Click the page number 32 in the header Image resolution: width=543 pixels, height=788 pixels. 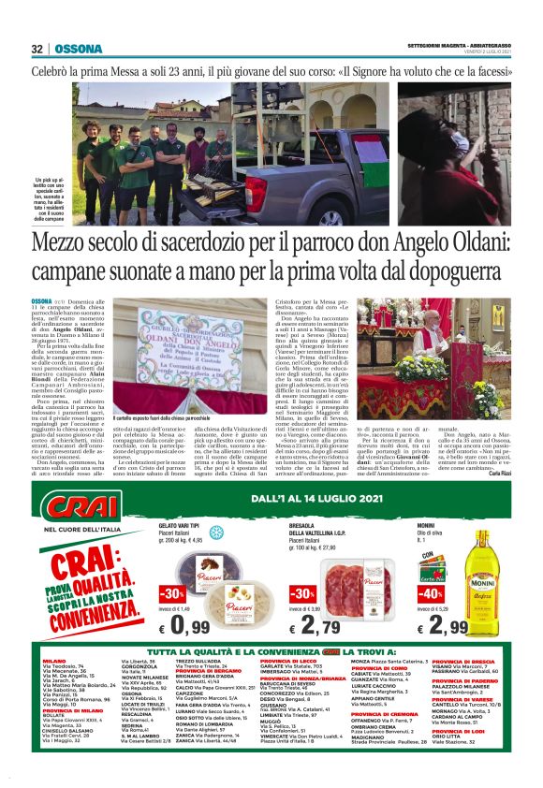[37, 49]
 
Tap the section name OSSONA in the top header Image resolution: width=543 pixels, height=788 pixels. [72, 49]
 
